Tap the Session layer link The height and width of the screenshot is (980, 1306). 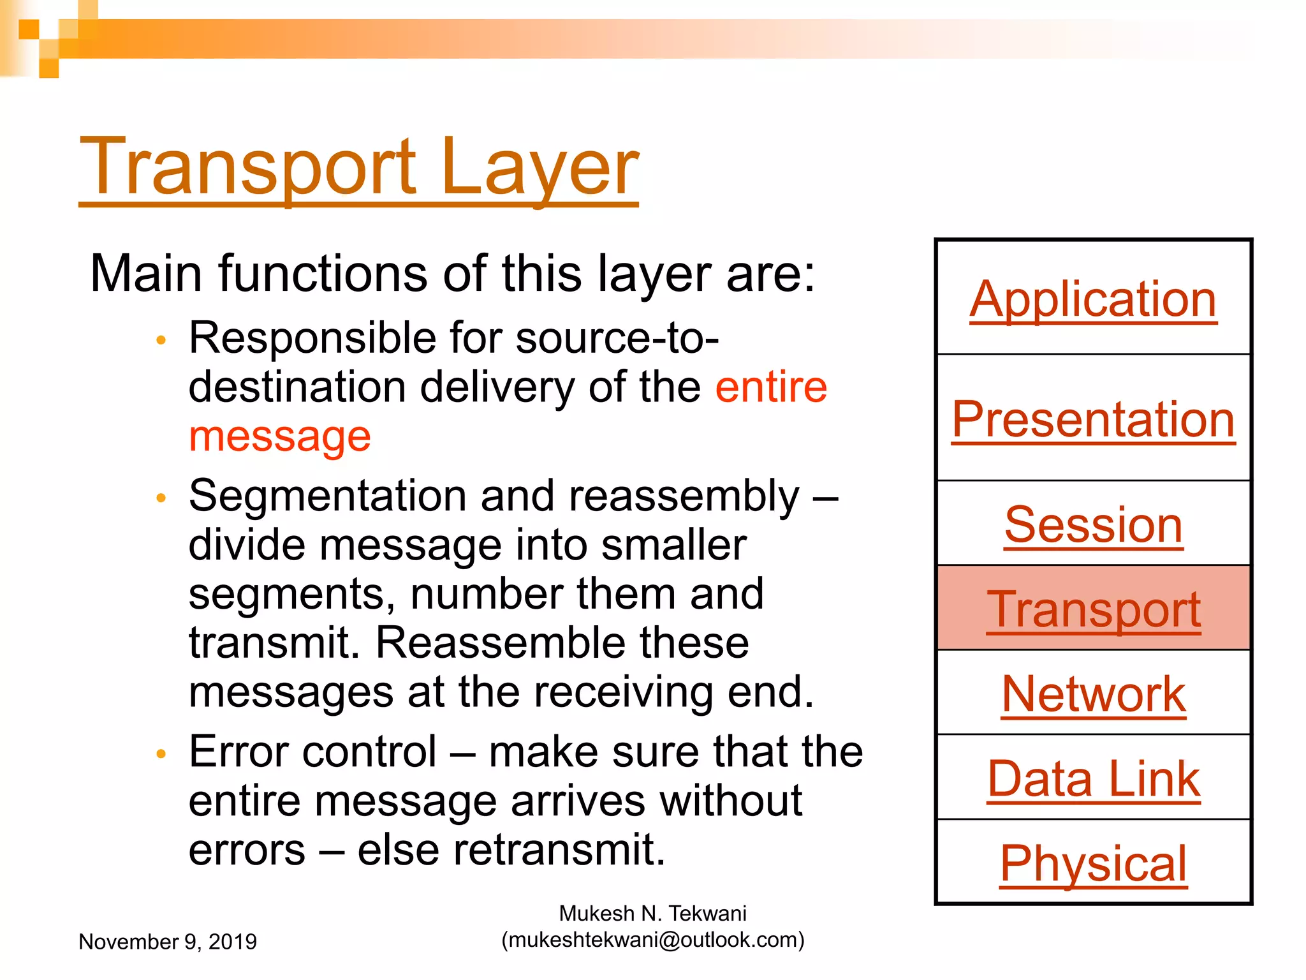click(x=1093, y=524)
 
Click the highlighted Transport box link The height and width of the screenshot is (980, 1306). click(x=1093, y=609)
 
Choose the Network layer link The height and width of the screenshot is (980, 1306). click(x=1093, y=694)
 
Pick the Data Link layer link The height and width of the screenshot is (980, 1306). click(x=1093, y=779)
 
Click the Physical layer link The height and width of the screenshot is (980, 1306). click(x=1093, y=863)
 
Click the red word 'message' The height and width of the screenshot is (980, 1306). click(x=279, y=437)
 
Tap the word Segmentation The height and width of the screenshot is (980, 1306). click(x=327, y=496)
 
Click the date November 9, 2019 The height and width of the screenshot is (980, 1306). click(x=168, y=942)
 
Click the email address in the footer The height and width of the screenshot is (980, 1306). click(x=653, y=940)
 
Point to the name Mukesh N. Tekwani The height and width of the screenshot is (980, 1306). click(x=652, y=914)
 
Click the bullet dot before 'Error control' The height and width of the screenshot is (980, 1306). click(x=161, y=754)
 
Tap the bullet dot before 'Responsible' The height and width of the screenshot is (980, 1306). click(x=161, y=340)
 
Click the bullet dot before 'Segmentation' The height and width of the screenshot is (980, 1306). click(x=161, y=498)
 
